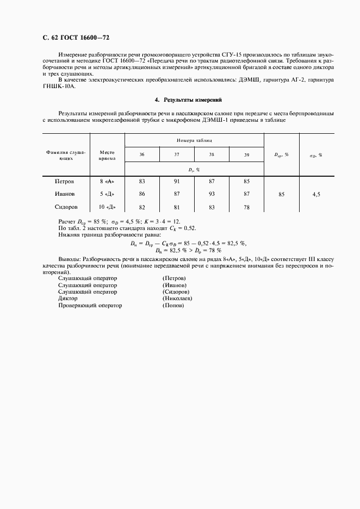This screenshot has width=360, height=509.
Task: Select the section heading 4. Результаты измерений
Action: click(188, 100)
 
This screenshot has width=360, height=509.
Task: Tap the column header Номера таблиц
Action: click(194, 140)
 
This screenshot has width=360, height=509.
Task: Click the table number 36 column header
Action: click(142, 155)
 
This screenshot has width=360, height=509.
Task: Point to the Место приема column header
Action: click(107, 156)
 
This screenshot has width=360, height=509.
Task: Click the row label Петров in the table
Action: click(64, 181)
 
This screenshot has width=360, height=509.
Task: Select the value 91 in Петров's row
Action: click(177, 181)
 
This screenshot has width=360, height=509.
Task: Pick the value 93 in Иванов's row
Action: click(212, 194)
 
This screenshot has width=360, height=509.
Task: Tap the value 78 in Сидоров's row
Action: click(246, 207)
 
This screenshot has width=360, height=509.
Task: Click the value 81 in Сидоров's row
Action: click(177, 207)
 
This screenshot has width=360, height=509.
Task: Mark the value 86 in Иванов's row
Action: click(142, 194)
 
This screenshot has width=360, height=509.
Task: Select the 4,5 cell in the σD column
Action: click(316, 194)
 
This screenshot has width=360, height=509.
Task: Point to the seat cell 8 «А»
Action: click(107, 181)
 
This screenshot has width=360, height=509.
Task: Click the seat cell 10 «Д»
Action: click(107, 207)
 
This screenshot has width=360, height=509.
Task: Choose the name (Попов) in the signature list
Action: click(173, 306)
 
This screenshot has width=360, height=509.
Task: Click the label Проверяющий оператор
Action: click(90, 306)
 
